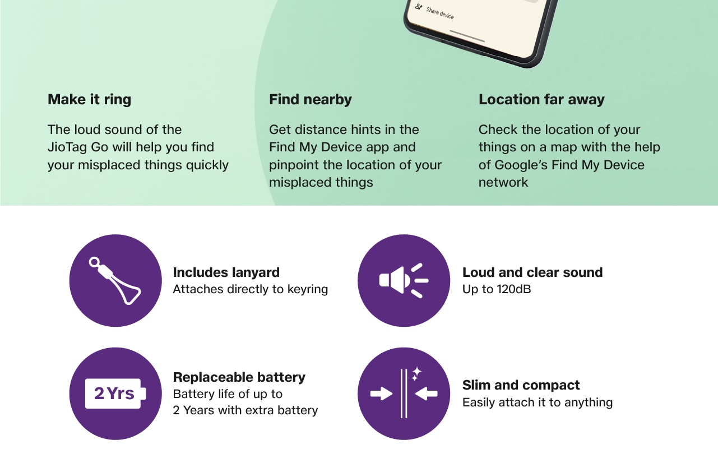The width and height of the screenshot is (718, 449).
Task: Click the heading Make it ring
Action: click(x=90, y=99)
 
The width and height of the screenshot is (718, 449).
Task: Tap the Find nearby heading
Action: click(x=311, y=99)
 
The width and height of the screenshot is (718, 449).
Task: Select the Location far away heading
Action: click(x=541, y=99)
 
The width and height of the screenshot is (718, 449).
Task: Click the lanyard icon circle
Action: click(x=115, y=281)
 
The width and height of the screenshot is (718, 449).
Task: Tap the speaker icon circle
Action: click(x=404, y=281)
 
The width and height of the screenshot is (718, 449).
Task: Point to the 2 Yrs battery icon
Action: click(x=115, y=394)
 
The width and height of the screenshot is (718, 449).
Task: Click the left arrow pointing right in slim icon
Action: click(x=382, y=394)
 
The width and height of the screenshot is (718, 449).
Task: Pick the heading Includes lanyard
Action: click(x=226, y=272)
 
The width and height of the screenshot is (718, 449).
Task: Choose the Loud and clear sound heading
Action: click(x=532, y=272)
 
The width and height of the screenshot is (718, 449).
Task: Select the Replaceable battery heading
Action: click(x=239, y=377)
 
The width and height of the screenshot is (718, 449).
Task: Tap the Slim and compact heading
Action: click(x=521, y=385)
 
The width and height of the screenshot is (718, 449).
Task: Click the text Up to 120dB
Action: click(x=497, y=289)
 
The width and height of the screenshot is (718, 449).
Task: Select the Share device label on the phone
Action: click(x=440, y=13)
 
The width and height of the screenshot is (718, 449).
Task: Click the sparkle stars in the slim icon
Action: click(x=416, y=374)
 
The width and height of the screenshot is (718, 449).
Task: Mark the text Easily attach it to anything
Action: click(x=537, y=402)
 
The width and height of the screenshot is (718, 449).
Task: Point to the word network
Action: click(x=503, y=183)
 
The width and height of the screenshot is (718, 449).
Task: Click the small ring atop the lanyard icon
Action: click(x=94, y=262)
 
